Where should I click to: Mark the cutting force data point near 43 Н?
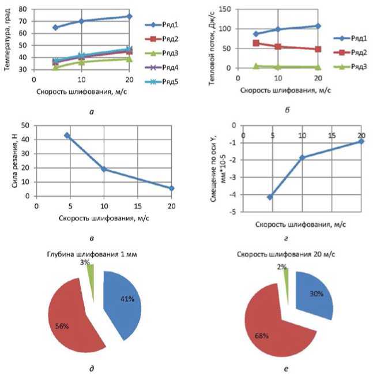[x=67, y=136]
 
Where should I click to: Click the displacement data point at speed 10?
[x=301, y=157]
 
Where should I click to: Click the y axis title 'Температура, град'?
[x=7, y=38]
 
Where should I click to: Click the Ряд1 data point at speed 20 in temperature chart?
[x=129, y=16]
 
